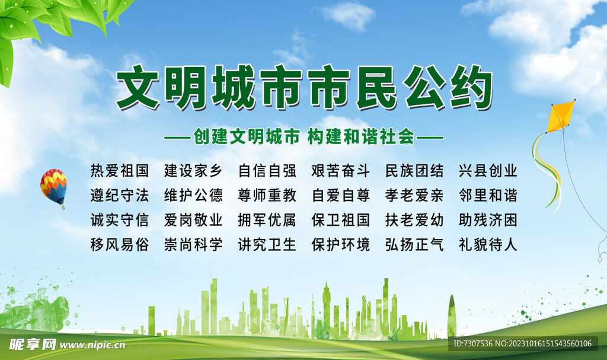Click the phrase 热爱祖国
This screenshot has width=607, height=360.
tap(120, 171)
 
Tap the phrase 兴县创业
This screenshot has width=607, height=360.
tap(488, 171)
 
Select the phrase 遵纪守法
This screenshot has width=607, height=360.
tap(120, 196)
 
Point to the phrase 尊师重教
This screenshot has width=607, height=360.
tap(267, 196)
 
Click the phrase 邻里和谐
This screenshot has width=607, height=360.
tap(488, 196)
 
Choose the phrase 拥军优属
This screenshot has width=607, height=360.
tap(267, 220)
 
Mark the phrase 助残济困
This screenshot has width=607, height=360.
tap(488, 220)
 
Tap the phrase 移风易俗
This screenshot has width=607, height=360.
tap(120, 244)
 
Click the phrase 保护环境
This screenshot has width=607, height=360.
tap(341, 244)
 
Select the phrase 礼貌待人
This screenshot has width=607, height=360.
tap(488, 244)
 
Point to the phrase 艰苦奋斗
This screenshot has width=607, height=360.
tap(341, 171)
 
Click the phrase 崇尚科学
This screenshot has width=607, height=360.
tap(193, 244)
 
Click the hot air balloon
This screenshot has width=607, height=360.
tap(53, 186)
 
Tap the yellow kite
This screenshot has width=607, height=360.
tap(560, 116)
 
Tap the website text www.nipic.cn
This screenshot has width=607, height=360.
tap(92, 345)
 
